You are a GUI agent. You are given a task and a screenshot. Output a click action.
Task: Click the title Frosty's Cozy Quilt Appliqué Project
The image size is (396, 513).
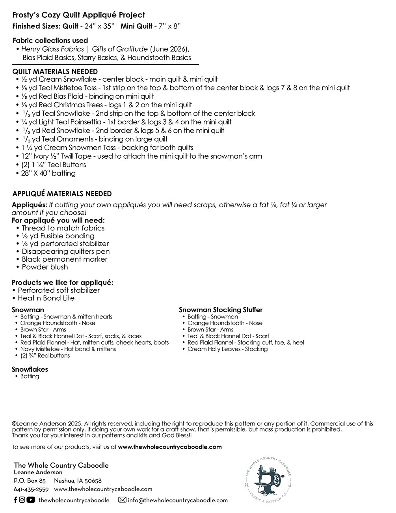pyautogui.click(x=78, y=15)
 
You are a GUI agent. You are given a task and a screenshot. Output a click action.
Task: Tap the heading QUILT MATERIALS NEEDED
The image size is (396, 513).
pyautogui.click(x=55, y=71)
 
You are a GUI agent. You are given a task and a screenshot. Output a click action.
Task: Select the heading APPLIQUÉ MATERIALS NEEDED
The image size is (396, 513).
pyautogui.click(x=62, y=194)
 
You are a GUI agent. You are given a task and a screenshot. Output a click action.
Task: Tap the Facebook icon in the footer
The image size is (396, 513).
pyautogui.click(x=15, y=500)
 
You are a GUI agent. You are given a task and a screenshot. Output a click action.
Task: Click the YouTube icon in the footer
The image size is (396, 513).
pyautogui.click(x=31, y=500)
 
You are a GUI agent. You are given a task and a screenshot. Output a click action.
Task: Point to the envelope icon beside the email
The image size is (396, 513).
pyautogui.click(x=122, y=500)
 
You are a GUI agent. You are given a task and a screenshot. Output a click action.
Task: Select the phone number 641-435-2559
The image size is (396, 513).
pyautogui.click(x=31, y=489)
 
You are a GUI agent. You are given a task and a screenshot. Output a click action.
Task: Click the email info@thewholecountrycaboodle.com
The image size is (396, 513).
pyautogui.click(x=178, y=500)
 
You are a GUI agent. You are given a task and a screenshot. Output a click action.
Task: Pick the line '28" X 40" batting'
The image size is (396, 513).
pyautogui.click(x=48, y=173)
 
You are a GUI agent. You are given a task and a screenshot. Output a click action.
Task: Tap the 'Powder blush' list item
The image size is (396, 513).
pyautogui.click(x=45, y=267)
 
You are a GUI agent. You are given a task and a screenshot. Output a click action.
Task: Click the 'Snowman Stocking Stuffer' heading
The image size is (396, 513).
pyautogui.click(x=220, y=310)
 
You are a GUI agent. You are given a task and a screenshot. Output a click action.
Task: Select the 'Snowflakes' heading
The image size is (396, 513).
pyautogui.click(x=30, y=369)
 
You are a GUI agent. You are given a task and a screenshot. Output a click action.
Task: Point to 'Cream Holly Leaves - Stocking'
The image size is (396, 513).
pyautogui.click(x=227, y=349)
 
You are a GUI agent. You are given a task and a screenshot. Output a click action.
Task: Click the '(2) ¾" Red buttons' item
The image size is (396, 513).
pyautogui.click(x=45, y=356)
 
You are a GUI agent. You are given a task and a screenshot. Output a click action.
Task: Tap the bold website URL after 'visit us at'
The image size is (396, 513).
pyautogui.click(x=170, y=447)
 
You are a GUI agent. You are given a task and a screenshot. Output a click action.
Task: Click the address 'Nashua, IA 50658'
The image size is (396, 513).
pyautogui.click(x=78, y=481)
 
